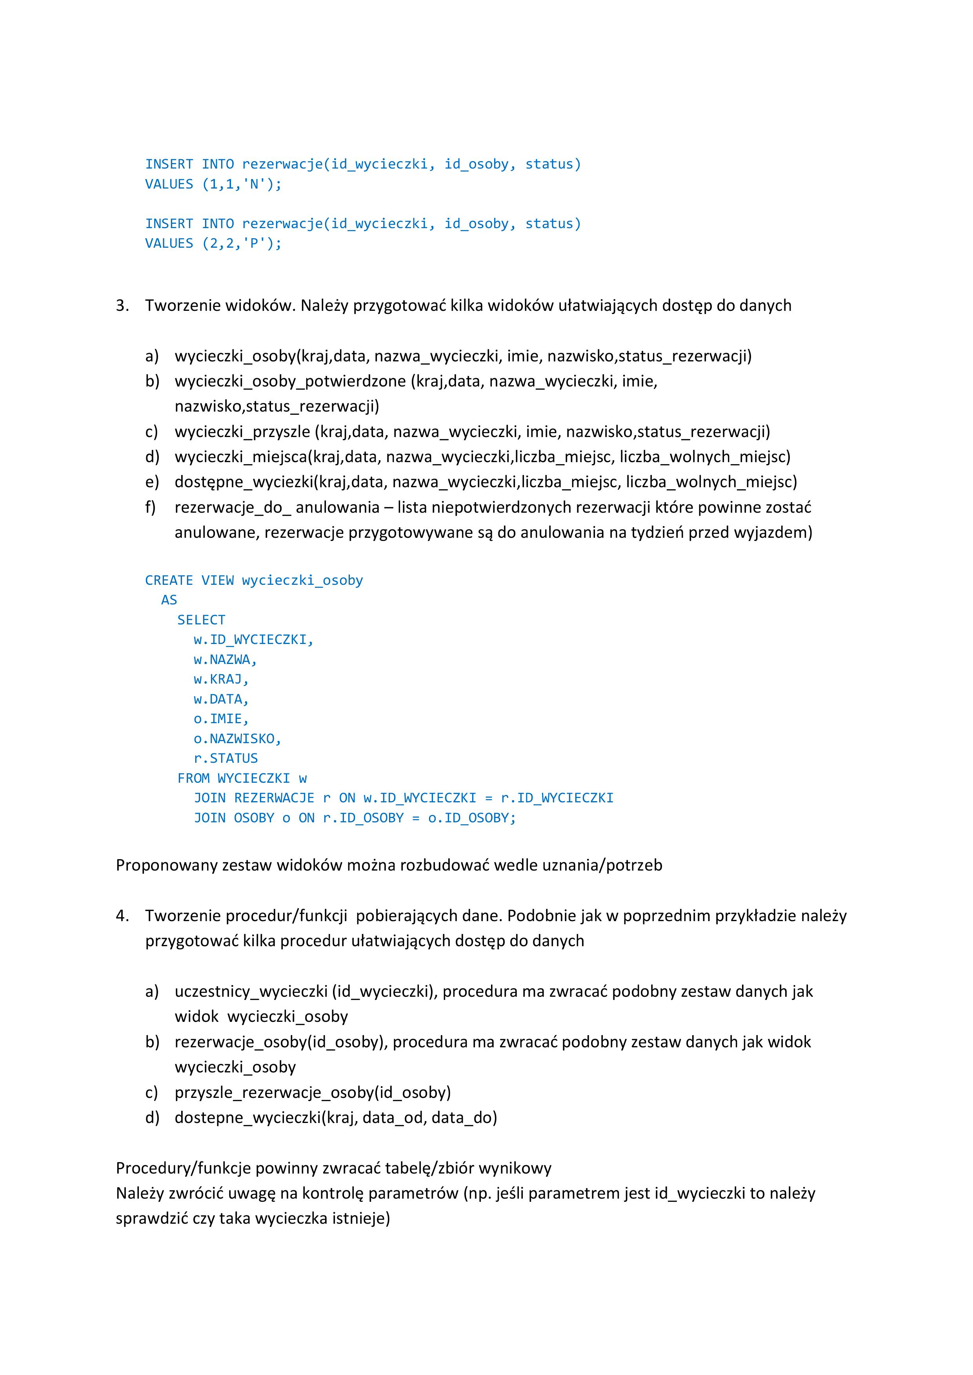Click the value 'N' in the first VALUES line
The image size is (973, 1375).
pos(254,185)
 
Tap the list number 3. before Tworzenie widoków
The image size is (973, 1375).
pos(122,305)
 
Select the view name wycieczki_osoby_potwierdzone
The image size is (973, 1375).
pos(290,381)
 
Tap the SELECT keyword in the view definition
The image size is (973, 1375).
pos(201,620)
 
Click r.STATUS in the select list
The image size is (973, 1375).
pos(225,758)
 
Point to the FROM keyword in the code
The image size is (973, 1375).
pos(193,778)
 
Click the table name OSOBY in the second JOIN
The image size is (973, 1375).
pos(254,818)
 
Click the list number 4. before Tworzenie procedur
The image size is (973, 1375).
pos(122,916)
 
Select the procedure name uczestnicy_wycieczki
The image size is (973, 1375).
pos(251,991)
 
